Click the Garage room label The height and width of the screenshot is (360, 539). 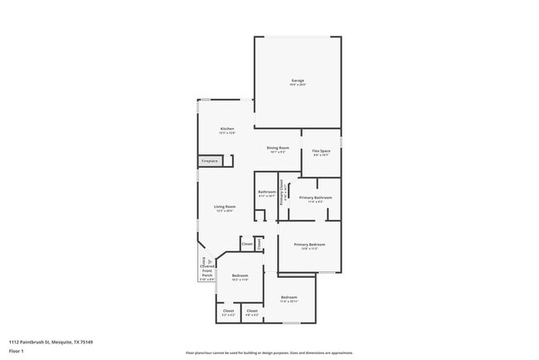pos(298,81)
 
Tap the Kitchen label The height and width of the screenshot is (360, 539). pos(227,129)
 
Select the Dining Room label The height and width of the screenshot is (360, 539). pos(278,148)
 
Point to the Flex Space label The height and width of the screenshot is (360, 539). pos(321,152)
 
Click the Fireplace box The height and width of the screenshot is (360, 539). pos(210,161)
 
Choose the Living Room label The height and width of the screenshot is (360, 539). pos(225,207)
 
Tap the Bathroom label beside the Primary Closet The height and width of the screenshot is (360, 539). pos(266,192)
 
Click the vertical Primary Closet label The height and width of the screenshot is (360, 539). pos(282,192)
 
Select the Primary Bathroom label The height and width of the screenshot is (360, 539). pos(316,198)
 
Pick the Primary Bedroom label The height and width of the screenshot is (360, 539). pos(309,246)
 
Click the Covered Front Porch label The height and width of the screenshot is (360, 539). pos(207,270)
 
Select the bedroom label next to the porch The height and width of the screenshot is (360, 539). pos(240,276)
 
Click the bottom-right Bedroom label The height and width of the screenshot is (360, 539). pos(289,298)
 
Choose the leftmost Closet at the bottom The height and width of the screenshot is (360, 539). pos(228,312)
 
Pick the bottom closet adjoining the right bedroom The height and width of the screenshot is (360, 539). pos(252,312)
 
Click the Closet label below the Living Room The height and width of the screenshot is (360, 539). pos(247,244)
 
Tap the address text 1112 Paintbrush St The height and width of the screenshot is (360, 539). pos(51,342)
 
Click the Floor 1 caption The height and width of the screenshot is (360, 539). pos(17,351)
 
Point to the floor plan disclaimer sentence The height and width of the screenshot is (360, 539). pos(269,352)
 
